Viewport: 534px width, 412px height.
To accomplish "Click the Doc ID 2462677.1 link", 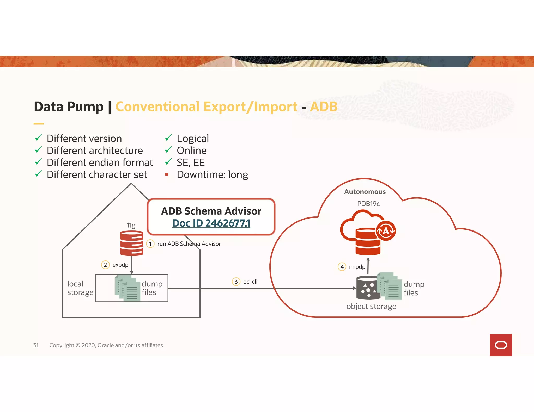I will point(211,223).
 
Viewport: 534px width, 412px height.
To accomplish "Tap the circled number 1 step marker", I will point(150,244).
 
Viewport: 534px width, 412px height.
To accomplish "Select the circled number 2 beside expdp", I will point(105,265).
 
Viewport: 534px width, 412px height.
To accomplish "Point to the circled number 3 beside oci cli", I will point(236,282).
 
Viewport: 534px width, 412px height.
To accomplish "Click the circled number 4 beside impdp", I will point(342,267).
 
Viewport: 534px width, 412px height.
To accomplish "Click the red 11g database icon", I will point(131,243).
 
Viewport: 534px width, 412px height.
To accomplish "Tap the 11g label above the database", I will point(131,225).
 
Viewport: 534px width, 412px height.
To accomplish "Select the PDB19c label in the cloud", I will point(368,204).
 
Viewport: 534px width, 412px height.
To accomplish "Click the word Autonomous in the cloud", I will point(365,192).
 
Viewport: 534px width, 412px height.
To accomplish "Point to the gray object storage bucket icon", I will point(367,288).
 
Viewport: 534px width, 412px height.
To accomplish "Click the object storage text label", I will point(371,306).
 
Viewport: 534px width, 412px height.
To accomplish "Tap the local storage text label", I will point(80,288).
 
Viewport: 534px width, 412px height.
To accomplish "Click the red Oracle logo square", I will point(501,345).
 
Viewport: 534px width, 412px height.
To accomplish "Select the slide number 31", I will point(36,345).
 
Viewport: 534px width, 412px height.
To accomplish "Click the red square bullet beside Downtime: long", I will point(167,174).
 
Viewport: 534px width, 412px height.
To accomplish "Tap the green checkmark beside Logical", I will point(168,138).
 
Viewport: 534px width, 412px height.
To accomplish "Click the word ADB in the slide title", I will point(324,107).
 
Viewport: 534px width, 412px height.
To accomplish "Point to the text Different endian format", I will point(100,163).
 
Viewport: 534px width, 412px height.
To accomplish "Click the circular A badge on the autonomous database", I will point(386,231).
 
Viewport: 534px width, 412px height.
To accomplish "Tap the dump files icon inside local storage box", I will point(128,288).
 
